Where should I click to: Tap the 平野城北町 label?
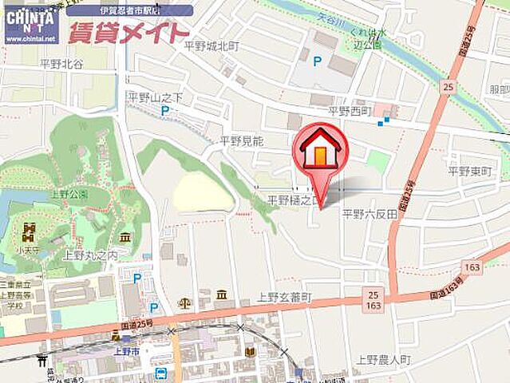212,46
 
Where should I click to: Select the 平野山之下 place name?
156,97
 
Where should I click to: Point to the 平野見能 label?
242,140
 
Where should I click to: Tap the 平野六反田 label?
370,213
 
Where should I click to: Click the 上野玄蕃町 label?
284,297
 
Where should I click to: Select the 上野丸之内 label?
90,255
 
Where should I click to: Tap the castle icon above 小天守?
30,231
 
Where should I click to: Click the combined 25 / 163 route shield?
374,300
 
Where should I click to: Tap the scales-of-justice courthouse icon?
185,303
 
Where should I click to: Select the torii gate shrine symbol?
42,361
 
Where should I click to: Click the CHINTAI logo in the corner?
30,22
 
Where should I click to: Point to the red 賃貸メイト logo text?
128,34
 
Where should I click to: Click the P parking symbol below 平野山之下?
165,111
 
